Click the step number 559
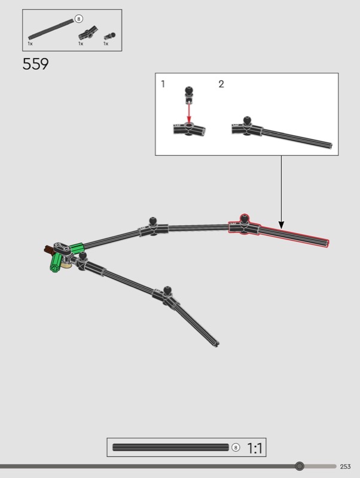[35, 64]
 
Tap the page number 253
[346, 467]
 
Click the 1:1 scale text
[254, 448]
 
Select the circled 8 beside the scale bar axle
[236, 448]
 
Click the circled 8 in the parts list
[79, 19]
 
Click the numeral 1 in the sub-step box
[163, 84]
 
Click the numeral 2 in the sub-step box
[221, 84]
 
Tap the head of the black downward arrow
[281, 225]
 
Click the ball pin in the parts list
[110, 36]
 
